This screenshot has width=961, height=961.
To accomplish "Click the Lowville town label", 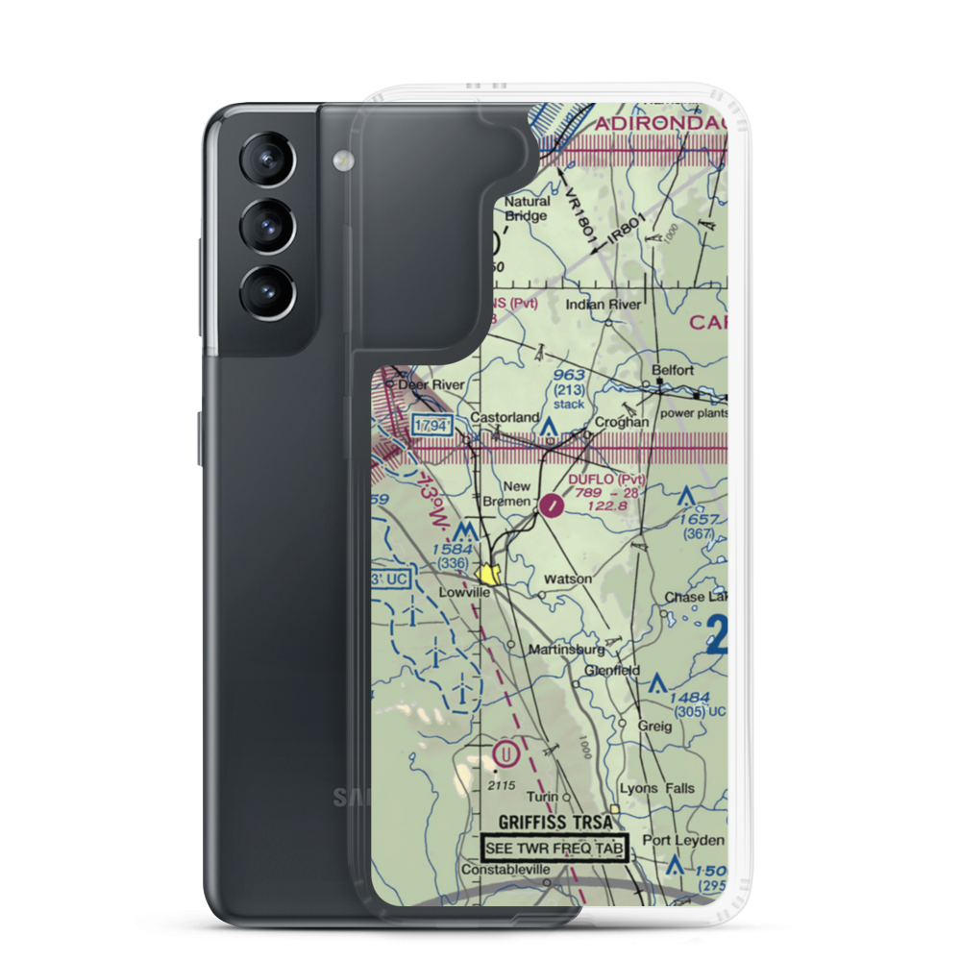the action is tap(464, 593).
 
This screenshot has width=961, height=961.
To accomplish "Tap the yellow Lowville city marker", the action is tap(491, 575).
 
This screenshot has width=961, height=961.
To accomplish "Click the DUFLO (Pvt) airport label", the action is tap(606, 479).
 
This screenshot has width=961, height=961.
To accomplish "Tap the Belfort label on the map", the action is tap(673, 369).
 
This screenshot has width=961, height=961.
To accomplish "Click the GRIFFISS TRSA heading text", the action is tap(554, 824).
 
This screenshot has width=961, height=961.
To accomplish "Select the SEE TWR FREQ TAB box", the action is tap(554, 849).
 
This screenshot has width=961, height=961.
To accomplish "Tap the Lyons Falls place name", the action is tap(656, 788).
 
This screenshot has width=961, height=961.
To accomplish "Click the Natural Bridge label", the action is tap(528, 209).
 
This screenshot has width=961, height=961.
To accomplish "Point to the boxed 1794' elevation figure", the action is tap(432, 425).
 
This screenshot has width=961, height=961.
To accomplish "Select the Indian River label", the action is tap(603, 305).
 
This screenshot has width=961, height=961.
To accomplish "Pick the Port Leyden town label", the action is tap(683, 840).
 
